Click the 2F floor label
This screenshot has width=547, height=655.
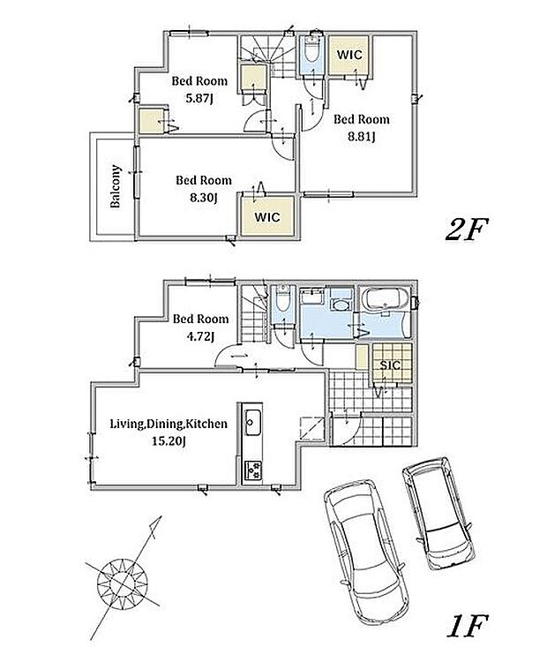tap(467, 230)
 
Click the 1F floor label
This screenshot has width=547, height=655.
tap(468, 625)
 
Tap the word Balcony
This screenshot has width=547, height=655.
tap(116, 186)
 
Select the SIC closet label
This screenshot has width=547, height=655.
tap(390, 365)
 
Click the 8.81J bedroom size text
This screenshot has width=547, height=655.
tap(362, 137)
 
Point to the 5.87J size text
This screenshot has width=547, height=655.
tap(199, 99)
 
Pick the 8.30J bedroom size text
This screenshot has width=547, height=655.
tap(203, 197)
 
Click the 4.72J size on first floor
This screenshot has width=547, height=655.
tap(200, 336)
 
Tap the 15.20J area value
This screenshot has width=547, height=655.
tap(169, 441)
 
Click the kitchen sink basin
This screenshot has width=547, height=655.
tap(252, 422)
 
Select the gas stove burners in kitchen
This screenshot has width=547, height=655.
tap(252, 470)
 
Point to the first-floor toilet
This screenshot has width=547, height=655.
tap(282, 298)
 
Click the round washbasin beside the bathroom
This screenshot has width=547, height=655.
tap(341, 305)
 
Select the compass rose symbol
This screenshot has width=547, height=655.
tap(123, 581)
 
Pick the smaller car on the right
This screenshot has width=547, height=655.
tap(438, 513)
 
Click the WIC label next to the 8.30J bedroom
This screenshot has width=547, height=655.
tap(267, 217)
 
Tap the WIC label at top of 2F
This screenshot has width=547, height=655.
tap(349, 55)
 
